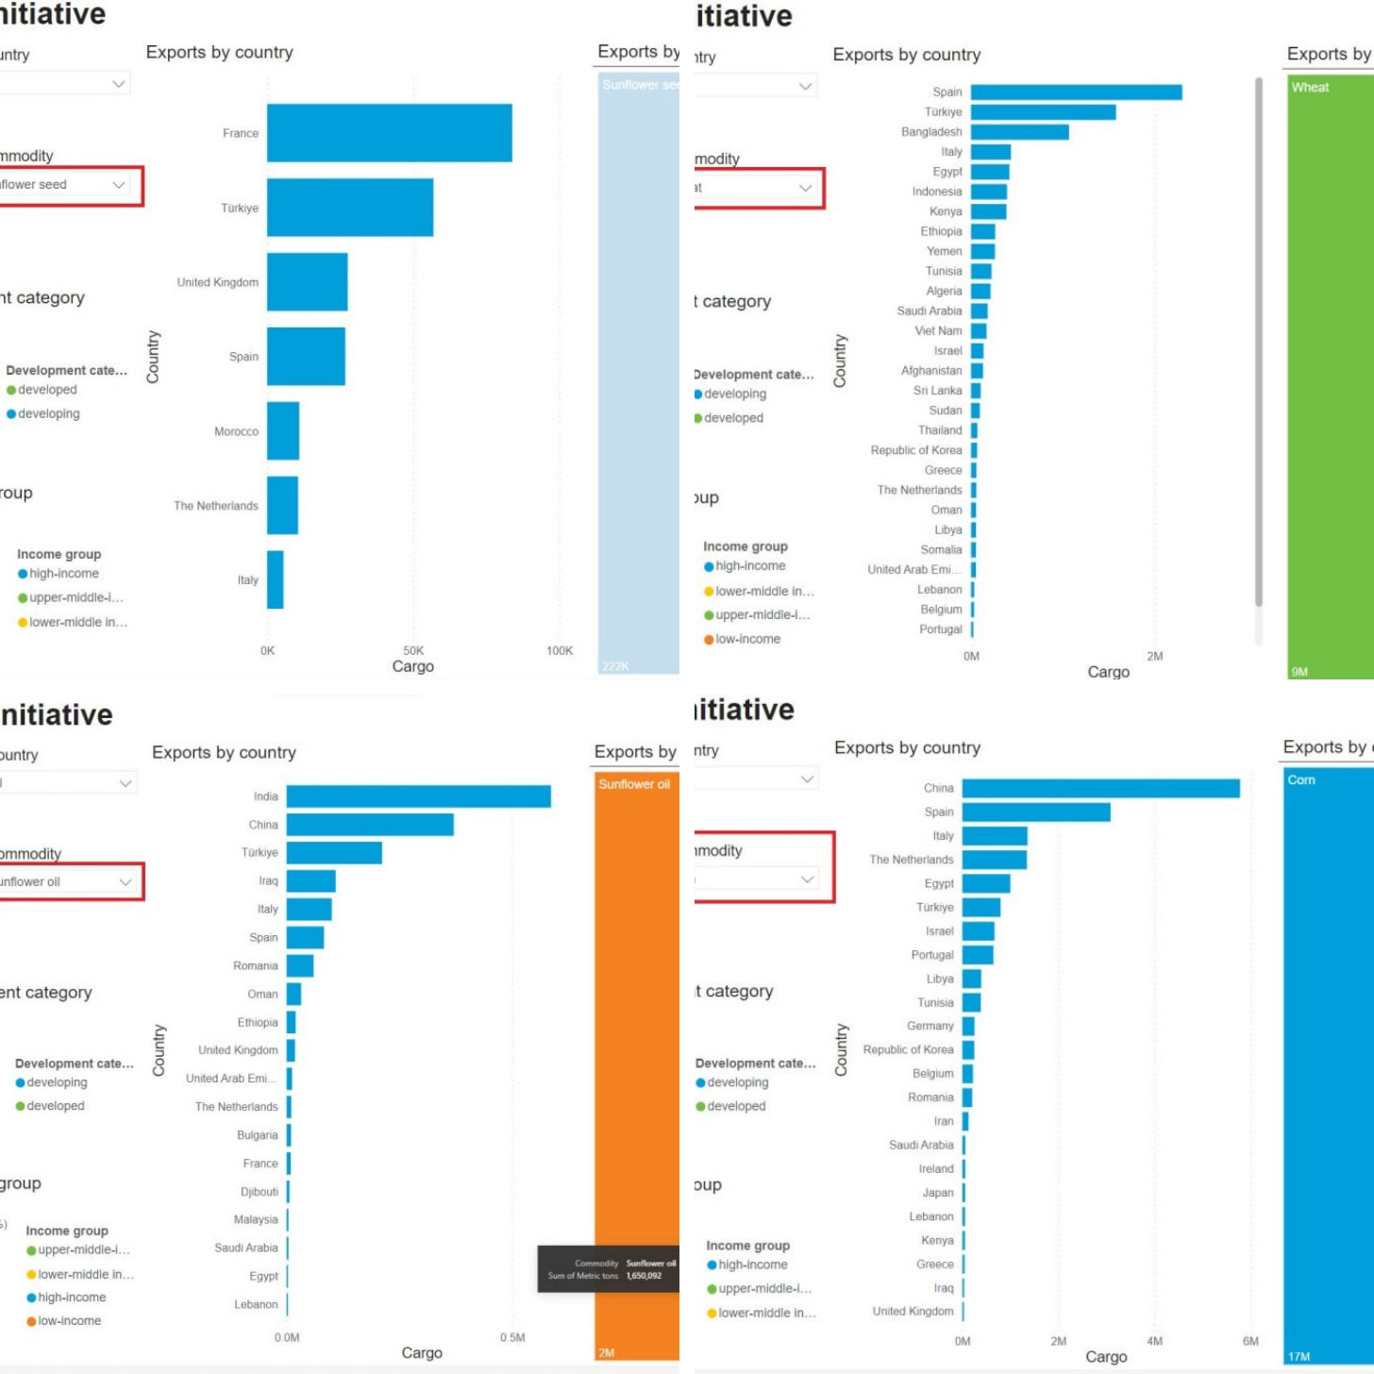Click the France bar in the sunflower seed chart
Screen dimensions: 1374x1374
389,133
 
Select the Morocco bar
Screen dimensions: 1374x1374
283,431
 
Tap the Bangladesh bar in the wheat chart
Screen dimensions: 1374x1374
1019,132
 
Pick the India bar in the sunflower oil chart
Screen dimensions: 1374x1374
418,796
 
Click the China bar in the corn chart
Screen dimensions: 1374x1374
1100,788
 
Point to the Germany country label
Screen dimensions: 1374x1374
930,1026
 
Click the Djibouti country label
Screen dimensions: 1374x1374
259,1192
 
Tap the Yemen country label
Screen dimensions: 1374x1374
944,251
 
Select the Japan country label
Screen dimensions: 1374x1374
937,1193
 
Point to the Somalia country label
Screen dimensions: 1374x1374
941,550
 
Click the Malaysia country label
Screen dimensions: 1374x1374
256,1220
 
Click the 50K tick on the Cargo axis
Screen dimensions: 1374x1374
413,650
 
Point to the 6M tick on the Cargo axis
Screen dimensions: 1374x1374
1250,1341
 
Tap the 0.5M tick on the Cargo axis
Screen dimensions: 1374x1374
512,1337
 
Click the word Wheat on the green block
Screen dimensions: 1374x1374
1310,87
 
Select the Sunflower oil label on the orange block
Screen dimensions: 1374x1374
634,784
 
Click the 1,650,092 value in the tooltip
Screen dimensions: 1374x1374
644,1276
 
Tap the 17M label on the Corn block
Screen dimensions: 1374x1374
1299,1357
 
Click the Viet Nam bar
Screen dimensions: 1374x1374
979,331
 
